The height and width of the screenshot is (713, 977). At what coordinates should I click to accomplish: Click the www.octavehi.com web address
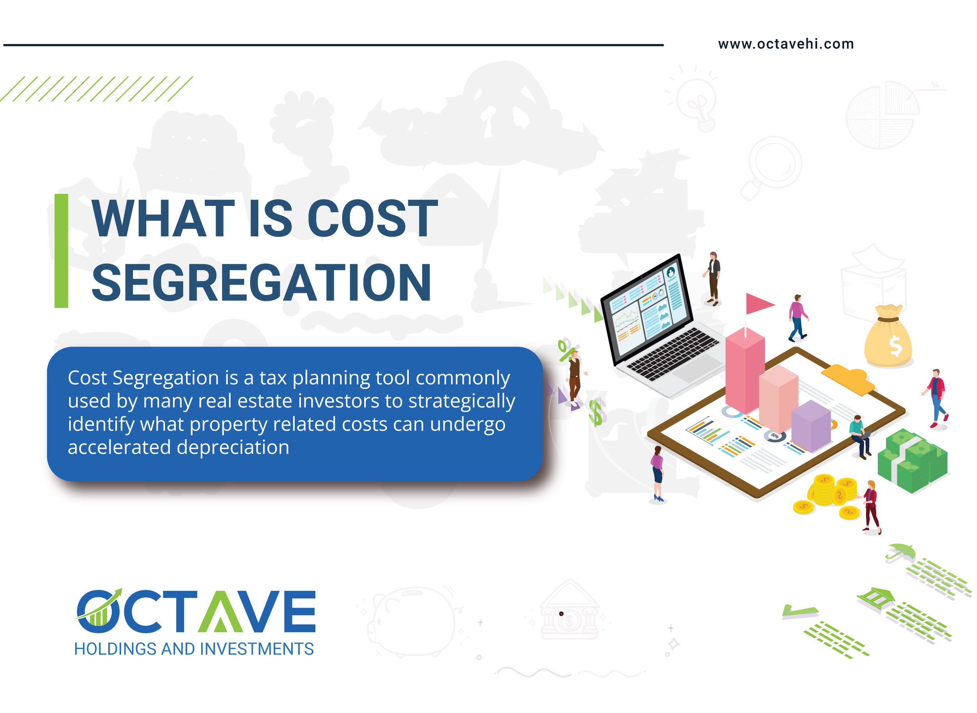click(786, 44)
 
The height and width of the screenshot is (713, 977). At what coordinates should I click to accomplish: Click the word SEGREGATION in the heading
click(261, 283)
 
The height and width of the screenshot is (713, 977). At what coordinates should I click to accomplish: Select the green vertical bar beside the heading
click(61, 251)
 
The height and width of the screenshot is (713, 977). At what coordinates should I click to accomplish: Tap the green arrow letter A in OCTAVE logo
click(220, 611)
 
